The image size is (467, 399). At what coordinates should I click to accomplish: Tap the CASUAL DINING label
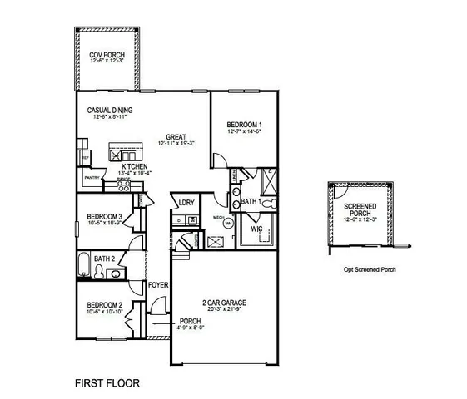point(111,110)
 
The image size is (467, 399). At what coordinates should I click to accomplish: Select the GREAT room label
point(175,137)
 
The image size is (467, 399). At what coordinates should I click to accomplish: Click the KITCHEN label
point(135,167)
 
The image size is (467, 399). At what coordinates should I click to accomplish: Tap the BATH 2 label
point(105,259)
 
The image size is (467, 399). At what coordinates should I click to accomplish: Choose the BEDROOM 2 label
point(104,304)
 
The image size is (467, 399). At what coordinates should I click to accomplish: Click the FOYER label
point(158,286)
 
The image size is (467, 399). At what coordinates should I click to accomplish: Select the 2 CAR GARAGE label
point(224,302)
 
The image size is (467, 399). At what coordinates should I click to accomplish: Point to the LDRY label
point(186,202)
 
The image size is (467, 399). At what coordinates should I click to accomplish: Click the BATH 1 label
point(251,202)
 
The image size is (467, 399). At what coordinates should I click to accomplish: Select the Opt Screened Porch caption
point(368,269)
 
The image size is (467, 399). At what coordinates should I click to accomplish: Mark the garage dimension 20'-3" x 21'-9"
point(224,310)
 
